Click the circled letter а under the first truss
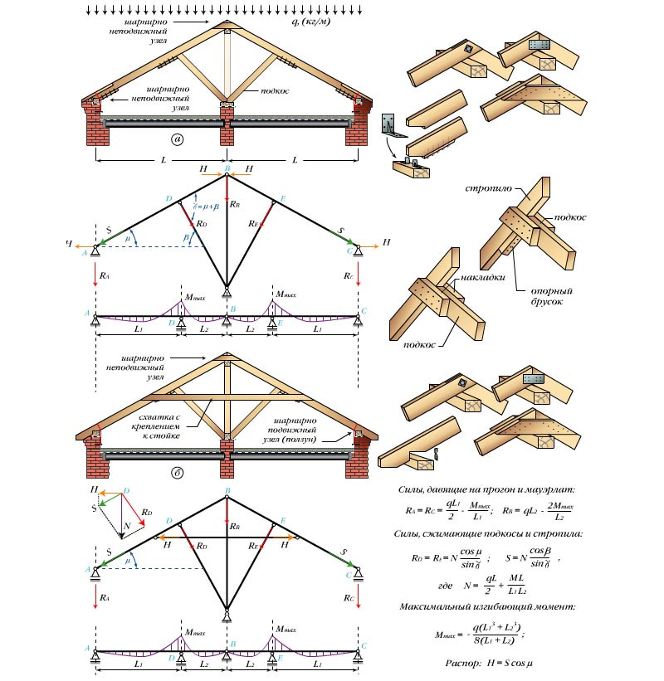177,139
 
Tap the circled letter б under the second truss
177,474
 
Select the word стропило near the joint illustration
485,190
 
